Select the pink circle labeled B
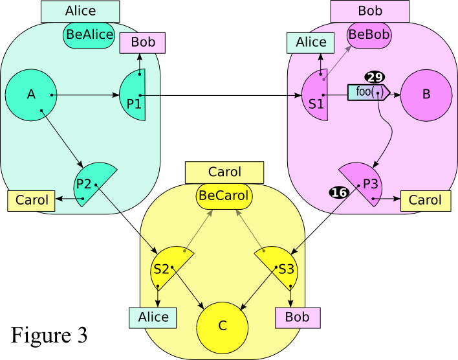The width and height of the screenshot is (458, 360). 426,95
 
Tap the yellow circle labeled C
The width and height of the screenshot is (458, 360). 223,325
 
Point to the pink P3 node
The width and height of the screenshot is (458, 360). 365,185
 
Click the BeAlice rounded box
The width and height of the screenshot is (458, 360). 89,35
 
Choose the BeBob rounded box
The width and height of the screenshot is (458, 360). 369,35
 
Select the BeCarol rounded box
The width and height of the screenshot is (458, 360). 224,194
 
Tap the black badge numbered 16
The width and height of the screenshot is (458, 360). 340,192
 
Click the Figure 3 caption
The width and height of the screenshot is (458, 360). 49,335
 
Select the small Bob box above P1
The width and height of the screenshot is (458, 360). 143,43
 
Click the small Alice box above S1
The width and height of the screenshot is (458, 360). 311,43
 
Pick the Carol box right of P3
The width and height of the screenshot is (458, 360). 425,201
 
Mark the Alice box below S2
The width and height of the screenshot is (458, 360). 153,317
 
